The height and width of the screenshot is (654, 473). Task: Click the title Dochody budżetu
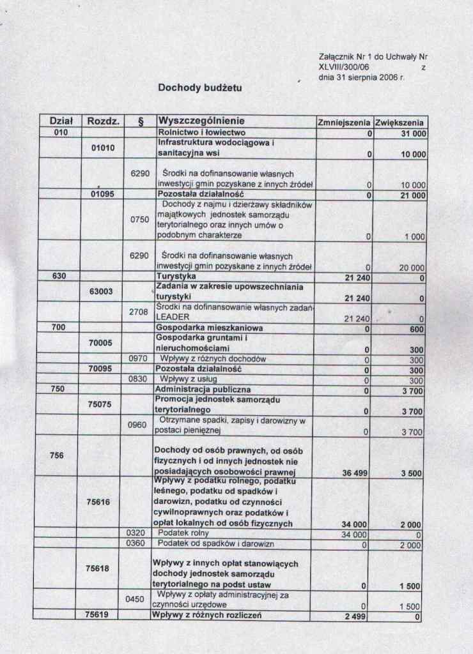click(200, 87)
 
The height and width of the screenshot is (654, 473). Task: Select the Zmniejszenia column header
click(344, 121)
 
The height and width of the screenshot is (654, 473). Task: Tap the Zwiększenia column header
click(401, 121)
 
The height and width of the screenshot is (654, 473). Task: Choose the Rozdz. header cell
click(102, 121)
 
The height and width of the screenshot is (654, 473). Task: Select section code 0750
click(139, 220)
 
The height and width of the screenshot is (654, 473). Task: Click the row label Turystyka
click(176, 277)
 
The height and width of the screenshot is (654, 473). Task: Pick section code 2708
click(139, 312)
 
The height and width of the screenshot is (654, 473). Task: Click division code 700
click(60, 328)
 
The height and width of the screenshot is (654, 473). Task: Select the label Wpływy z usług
click(182, 380)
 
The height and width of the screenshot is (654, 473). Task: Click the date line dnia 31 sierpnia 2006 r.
click(361, 77)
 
